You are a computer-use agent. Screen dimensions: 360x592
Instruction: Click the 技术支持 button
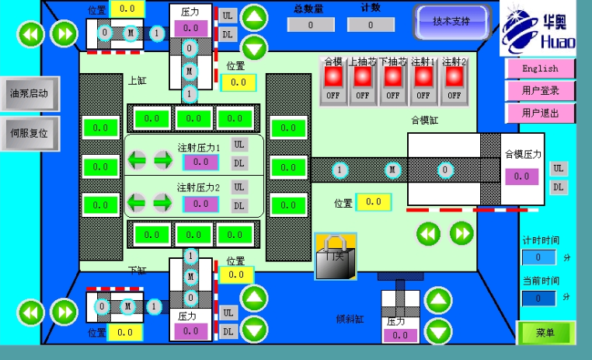click(451, 21)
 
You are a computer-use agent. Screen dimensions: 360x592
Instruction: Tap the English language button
click(539, 68)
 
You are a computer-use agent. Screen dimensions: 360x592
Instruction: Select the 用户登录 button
click(539, 90)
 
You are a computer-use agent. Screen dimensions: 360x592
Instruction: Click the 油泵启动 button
click(29, 93)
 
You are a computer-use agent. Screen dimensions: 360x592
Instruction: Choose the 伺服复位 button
click(29, 133)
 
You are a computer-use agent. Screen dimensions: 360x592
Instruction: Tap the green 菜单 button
click(545, 333)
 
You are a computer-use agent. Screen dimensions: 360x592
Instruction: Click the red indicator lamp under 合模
click(333, 76)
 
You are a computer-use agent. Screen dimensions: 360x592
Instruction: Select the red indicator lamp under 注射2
click(453, 76)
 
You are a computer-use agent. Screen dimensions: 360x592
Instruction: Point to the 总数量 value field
click(310, 25)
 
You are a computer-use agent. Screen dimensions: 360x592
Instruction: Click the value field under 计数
click(371, 25)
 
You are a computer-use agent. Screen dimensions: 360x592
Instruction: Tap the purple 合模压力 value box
click(521, 177)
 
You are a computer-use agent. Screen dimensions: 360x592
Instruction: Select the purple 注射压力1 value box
click(200, 162)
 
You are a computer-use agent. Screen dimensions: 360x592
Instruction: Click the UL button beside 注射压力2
click(239, 187)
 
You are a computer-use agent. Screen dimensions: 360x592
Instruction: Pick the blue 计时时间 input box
click(538, 257)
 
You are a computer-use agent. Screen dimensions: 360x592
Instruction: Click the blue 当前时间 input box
click(538, 298)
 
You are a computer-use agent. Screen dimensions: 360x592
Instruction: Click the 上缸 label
click(137, 80)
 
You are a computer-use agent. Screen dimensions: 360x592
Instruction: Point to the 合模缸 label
click(425, 121)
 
